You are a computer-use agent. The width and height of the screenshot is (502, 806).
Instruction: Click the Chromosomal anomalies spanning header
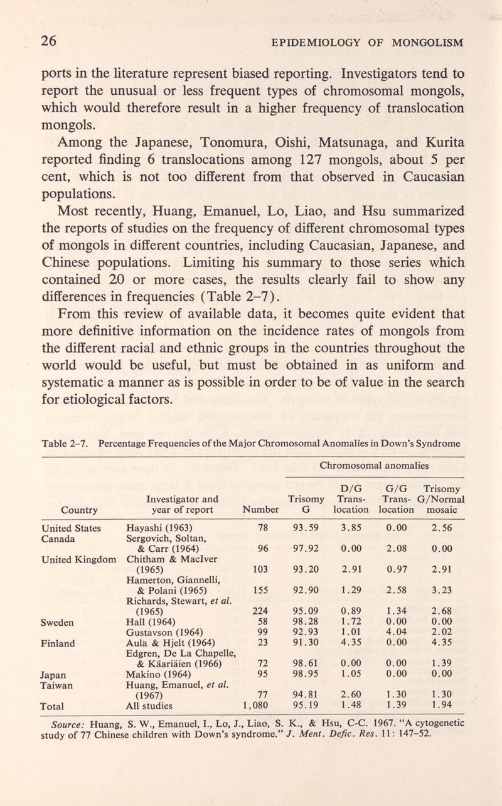coord(375,465)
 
